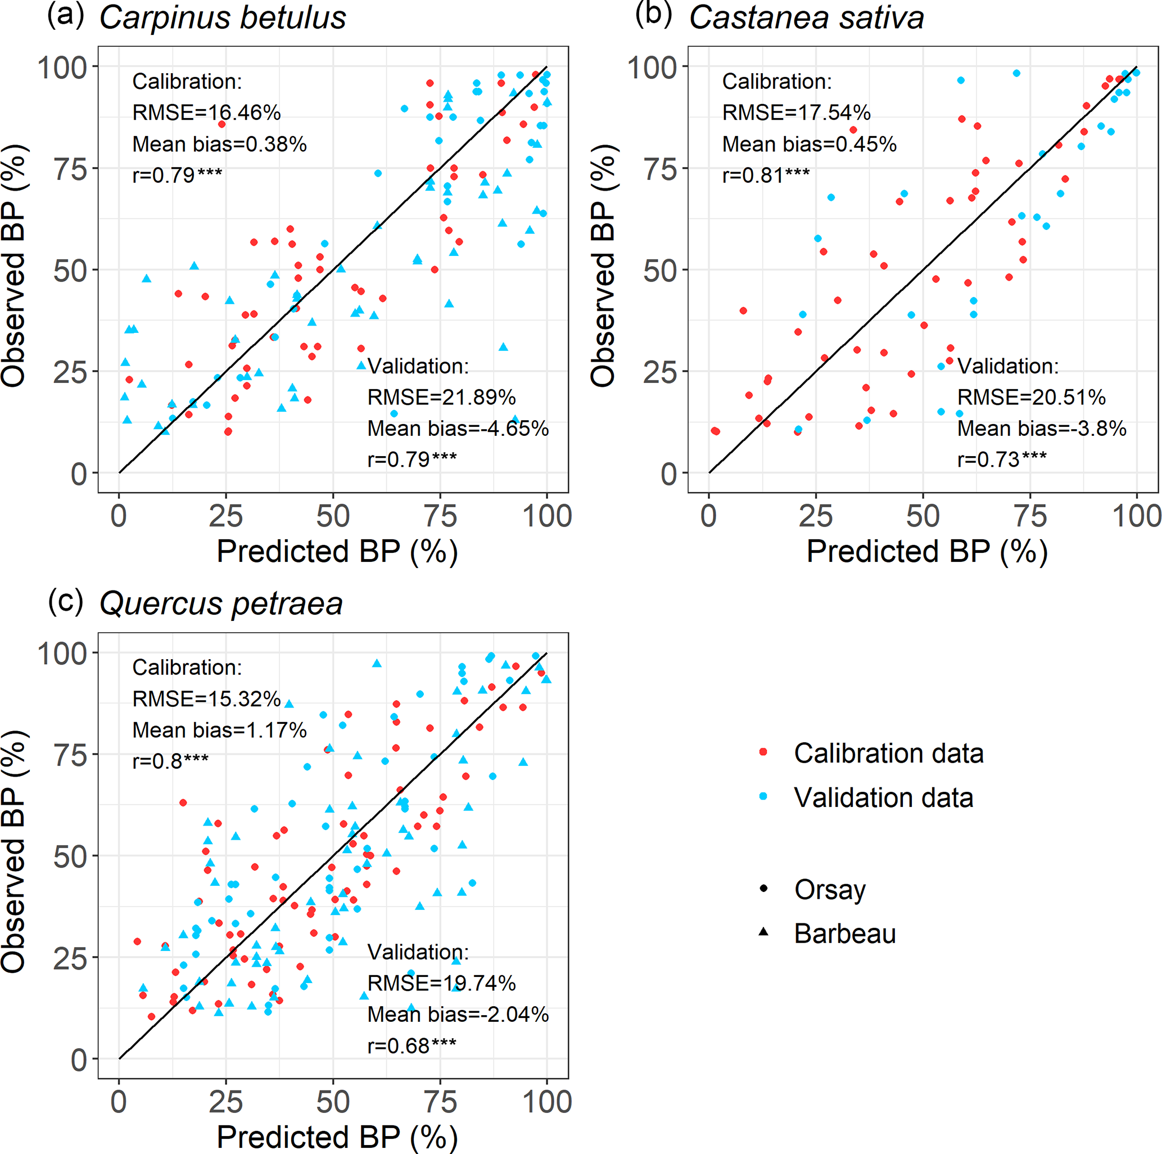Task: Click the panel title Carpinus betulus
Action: click(x=222, y=18)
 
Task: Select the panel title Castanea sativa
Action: click(x=806, y=18)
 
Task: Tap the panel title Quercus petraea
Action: click(x=221, y=603)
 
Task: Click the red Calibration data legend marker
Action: click(x=763, y=752)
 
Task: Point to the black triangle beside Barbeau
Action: click(x=763, y=932)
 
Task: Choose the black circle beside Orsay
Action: click(x=763, y=888)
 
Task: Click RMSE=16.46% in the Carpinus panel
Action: click(x=206, y=112)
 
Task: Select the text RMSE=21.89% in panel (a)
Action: click(x=441, y=397)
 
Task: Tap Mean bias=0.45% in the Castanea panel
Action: click(x=809, y=144)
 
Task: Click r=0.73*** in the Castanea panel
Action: click(x=1001, y=459)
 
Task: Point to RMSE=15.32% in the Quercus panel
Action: click(x=206, y=698)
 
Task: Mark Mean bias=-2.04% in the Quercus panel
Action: click(x=458, y=1015)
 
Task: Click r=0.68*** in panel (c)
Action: click(x=412, y=1045)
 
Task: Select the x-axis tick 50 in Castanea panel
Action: click(x=923, y=516)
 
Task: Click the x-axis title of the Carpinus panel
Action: click(x=337, y=551)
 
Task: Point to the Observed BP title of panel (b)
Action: click(x=603, y=266)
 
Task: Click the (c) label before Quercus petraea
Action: click(x=66, y=601)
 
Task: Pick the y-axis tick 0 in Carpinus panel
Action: click(x=79, y=474)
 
